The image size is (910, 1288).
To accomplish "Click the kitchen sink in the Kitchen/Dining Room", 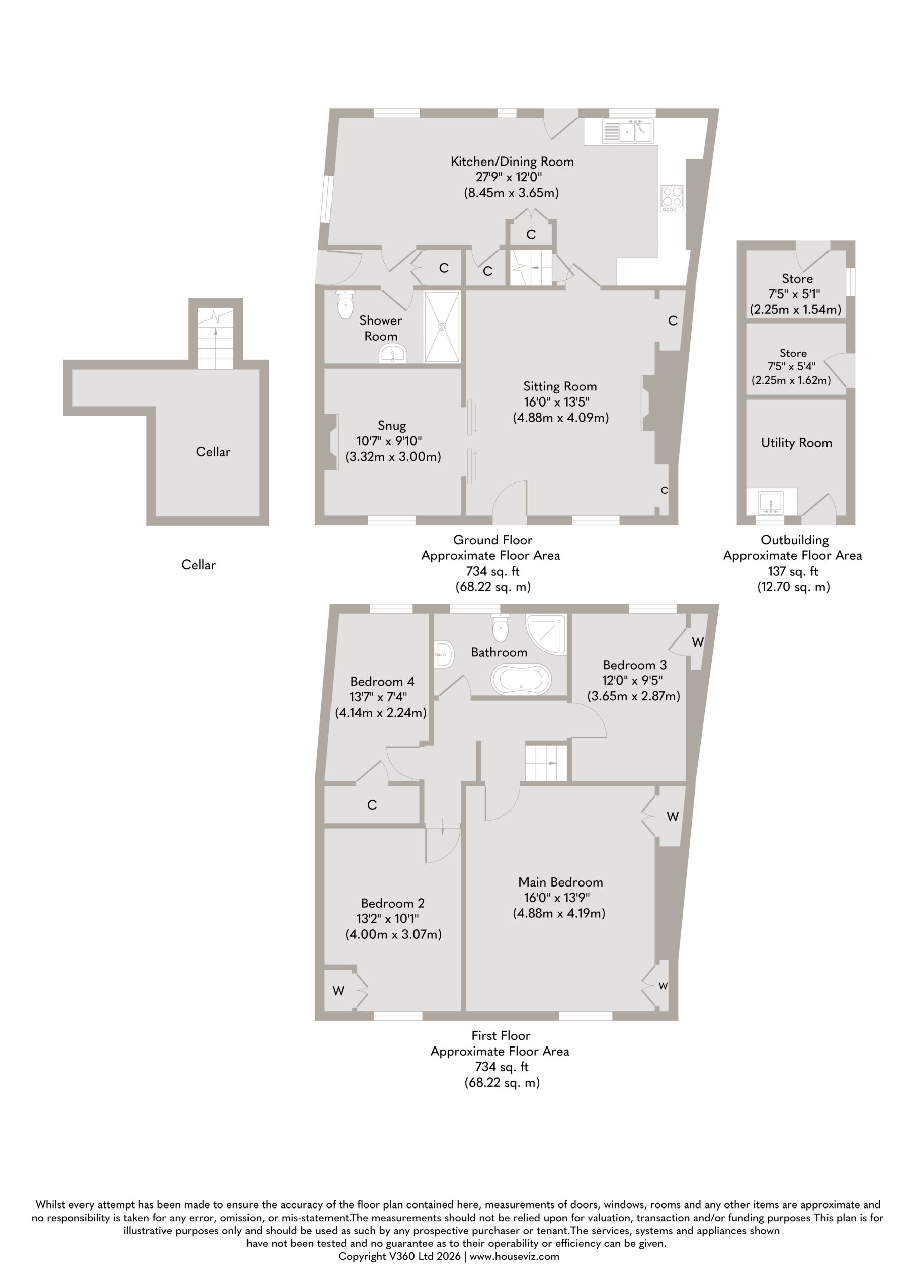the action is pyautogui.click(x=628, y=131).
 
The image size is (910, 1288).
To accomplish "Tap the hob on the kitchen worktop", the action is pyautogui.click(x=672, y=199).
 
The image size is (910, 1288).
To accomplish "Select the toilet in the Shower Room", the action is pyautogui.click(x=345, y=304).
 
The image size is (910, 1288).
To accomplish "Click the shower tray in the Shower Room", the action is pyautogui.click(x=443, y=327).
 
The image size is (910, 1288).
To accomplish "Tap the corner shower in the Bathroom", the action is pyautogui.click(x=546, y=634).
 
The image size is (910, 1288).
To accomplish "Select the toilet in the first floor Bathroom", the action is pyautogui.click(x=500, y=627).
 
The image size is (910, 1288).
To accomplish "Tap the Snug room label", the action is pyautogui.click(x=391, y=426).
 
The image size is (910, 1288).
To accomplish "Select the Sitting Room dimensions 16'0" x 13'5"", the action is pyautogui.click(x=556, y=402).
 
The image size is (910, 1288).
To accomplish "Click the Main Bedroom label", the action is pyautogui.click(x=560, y=882).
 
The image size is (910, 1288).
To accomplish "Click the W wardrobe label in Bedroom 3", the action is pyautogui.click(x=697, y=642).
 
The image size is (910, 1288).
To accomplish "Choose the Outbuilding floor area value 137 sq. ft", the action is pyautogui.click(x=792, y=571).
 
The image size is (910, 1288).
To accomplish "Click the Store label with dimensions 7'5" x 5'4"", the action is pyautogui.click(x=793, y=353).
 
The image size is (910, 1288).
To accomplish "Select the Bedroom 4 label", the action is pyautogui.click(x=382, y=682).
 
